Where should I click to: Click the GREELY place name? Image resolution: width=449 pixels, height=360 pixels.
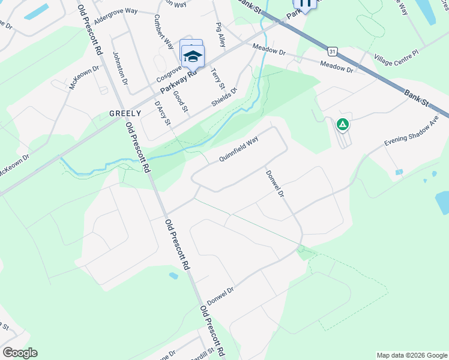click(x=125, y=113)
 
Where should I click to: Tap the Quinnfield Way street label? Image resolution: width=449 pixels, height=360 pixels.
click(x=238, y=149)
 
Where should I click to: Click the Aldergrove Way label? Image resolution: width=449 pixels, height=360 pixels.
click(x=115, y=12)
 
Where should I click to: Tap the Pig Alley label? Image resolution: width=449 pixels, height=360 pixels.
click(x=220, y=35)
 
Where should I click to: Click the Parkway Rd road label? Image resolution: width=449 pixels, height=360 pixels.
click(x=178, y=82)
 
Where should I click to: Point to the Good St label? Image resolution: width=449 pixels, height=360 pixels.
click(x=180, y=101)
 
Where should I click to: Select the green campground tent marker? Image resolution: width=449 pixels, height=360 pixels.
click(x=342, y=125)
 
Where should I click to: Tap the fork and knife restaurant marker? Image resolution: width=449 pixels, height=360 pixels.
click(x=305, y=3)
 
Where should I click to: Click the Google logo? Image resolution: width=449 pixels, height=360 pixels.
click(x=20, y=353)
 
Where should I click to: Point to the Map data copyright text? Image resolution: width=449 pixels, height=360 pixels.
click(x=412, y=355)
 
